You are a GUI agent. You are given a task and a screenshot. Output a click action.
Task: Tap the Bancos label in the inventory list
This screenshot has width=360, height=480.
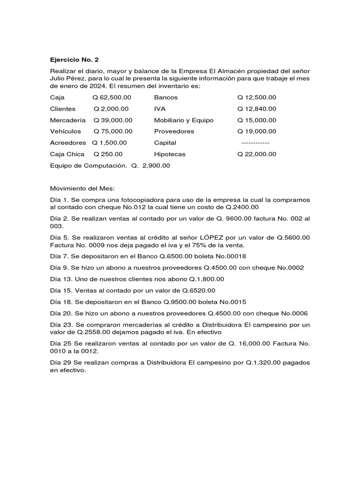(x=166, y=97)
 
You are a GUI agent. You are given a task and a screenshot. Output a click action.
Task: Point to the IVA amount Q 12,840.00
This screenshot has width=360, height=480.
(x=256, y=109)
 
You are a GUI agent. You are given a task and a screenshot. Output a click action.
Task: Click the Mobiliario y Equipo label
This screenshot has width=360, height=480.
(x=184, y=120)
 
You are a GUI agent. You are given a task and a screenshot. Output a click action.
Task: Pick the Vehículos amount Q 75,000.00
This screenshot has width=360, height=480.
(x=113, y=131)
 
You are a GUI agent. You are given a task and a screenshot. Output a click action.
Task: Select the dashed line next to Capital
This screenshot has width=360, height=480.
(x=255, y=142)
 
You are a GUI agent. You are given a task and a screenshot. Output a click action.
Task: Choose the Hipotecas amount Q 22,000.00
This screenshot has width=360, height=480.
(x=256, y=154)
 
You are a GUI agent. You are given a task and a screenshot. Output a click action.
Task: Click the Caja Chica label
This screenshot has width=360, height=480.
(x=67, y=154)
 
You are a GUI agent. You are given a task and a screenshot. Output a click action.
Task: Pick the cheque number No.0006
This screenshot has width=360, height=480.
(x=291, y=313)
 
